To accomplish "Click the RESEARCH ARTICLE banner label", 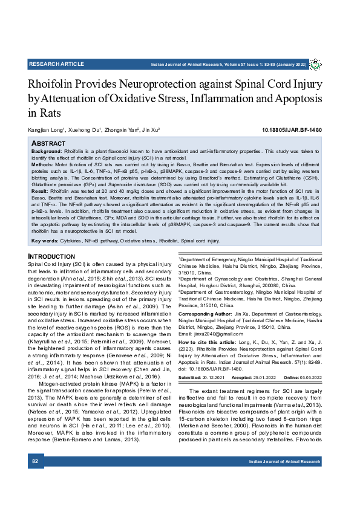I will pyautogui.click(x=56, y=63).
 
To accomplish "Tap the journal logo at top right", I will pyautogui.click(x=315, y=64).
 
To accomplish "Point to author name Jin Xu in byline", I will pyautogui.click(x=149, y=130).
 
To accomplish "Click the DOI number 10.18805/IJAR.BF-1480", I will pyautogui.click(x=292, y=130).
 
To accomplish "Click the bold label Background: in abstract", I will pyautogui.click(x=47, y=151).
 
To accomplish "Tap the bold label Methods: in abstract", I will pyautogui.click(x=42, y=163).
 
